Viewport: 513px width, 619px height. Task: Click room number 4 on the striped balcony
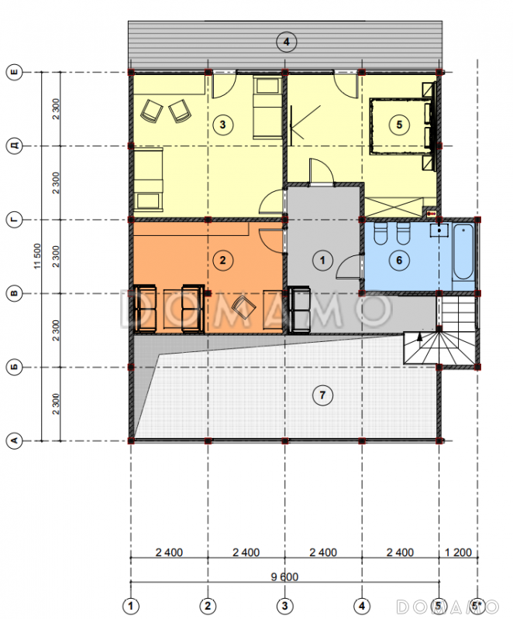click(287, 42)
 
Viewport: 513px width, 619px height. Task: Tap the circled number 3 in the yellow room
click(223, 125)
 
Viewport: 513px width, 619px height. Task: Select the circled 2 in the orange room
click(223, 260)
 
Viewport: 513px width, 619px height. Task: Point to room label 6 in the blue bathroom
click(399, 260)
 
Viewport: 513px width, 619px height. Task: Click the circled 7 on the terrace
click(322, 395)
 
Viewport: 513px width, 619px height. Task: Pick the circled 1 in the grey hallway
click(322, 260)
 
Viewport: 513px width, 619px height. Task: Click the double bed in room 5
click(400, 126)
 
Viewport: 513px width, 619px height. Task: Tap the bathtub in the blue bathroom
click(463, 251)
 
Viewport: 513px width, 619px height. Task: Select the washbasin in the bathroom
click(439, 230)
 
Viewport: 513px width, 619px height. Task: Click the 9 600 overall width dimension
click(284, 576)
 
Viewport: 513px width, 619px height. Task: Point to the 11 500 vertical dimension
click(37, 256)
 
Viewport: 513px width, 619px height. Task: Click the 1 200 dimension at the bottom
click(459, 552)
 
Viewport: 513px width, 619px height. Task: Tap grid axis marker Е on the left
click(14, 72)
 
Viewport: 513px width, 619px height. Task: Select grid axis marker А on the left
click(14, 440)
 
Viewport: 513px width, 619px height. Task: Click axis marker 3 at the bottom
click(284, 606)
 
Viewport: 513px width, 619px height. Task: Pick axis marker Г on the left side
click(14, 220)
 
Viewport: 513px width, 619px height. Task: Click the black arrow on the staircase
click(419, 337)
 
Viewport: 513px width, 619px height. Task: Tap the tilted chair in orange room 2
click(243, 307)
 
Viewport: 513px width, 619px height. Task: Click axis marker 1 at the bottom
click(131, 606)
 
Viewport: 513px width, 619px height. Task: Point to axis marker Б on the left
click(14, 367)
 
